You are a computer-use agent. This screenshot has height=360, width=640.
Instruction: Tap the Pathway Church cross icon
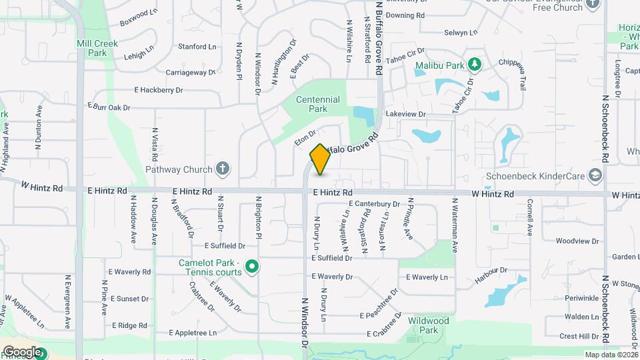point(223,169)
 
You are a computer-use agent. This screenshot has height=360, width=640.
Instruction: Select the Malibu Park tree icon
point(474,65)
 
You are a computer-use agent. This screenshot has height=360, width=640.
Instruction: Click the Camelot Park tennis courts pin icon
point(251,267)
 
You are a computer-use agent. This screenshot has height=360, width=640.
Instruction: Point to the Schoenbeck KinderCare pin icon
point(595,175)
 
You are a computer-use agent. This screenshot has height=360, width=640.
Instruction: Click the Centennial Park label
point(318,104)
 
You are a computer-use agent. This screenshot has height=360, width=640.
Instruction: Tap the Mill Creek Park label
point(97,48)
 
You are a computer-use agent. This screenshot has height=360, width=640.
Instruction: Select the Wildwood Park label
point(428,325)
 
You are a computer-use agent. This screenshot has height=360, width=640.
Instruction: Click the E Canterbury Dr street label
point(374,204)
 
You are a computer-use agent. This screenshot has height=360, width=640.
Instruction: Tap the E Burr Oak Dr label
point(109,107)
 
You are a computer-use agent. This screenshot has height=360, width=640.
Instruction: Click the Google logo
point(21,351)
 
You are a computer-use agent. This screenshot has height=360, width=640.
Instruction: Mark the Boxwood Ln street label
point(139,17)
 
